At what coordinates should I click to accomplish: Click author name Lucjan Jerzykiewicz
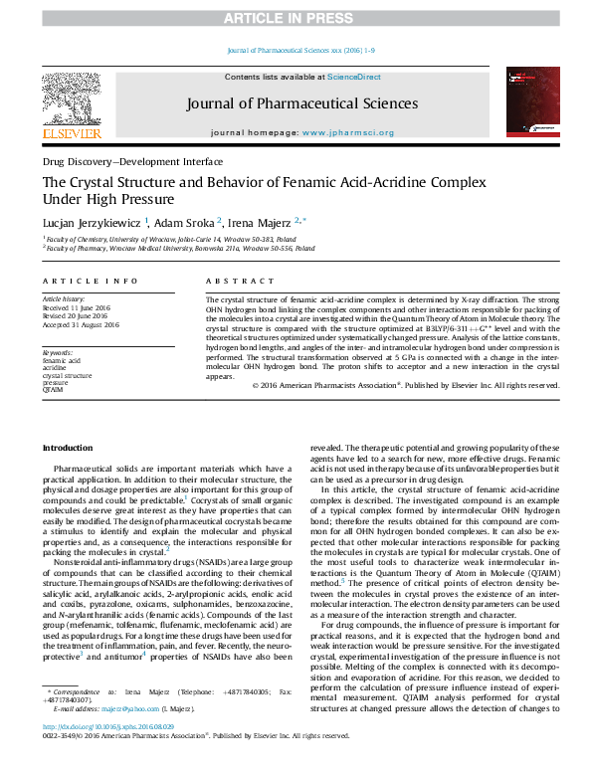click(x=96, y=223)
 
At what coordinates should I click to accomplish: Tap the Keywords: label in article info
click(x=59, y=352)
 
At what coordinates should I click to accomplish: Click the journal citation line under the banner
click(x=295, y=51)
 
